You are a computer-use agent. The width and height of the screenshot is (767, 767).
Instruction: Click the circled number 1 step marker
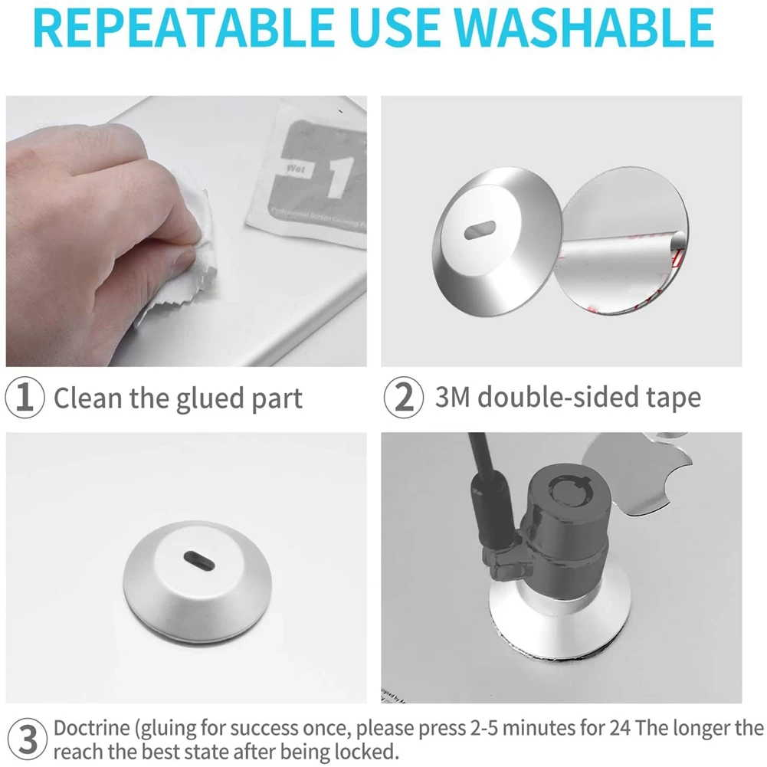coord(25,398)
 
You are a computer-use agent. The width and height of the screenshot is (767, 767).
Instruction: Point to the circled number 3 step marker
coord(25,740)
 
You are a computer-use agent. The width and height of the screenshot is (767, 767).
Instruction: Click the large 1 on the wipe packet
coord(335,175)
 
